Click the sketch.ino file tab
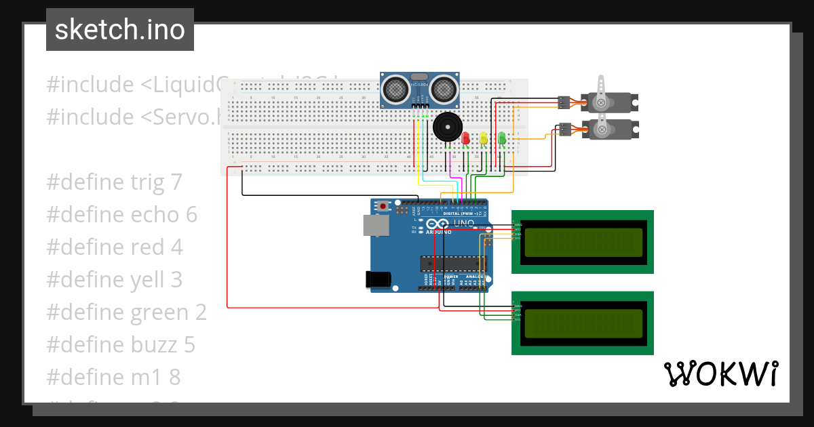pyautogui.click(x=120, y=30)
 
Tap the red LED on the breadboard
pyautogui.click(x=465, y=138)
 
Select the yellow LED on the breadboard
pyautogui.click(x=484, y=138)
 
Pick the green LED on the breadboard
pyautogui.click(x=502, y=138)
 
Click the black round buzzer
pyautogui.click(x=446, y=127)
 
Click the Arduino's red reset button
pyautogui.click(x=385, y=205)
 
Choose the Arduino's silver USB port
pyautogui.click(x=374, y=226)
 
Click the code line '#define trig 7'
pyautogui.click(x=115, y=182)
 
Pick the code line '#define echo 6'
pyautogui.click(x=122, y=215)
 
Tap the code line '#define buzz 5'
pyautogui.click(x=121, y=345)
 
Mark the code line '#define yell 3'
pyautogui.click(x=115, y=280)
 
